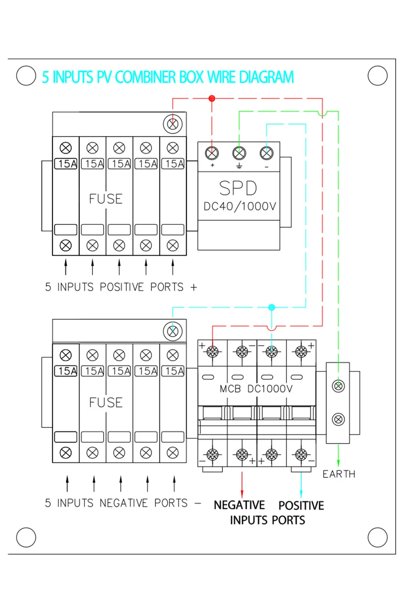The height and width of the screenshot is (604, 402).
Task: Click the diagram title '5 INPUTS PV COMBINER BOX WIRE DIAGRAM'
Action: click(168, 77)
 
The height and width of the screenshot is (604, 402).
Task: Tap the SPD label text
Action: click(238, 188)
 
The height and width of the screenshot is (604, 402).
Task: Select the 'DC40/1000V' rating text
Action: click(240, 207)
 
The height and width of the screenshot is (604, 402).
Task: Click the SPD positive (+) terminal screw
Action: click(212, 153)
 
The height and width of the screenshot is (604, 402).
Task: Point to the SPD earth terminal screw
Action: click(239, 153)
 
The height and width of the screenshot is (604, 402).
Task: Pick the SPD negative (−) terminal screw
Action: click(267, 153)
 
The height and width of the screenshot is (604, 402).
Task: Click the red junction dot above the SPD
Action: click(212, 98)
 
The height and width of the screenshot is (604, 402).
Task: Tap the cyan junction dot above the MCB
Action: click(272, 307)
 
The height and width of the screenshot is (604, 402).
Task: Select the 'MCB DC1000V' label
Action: click(256, 389)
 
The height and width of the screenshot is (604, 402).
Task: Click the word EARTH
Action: click(339, 474)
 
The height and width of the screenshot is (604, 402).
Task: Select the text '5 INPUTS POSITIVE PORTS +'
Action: click(121, 287)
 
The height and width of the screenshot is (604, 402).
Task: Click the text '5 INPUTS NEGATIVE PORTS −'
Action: click(123, 503)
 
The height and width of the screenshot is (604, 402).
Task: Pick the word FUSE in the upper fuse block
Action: click(106, 199)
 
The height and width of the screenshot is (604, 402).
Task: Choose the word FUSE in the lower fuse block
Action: click(106, 403)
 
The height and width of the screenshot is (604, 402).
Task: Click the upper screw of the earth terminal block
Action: click(338, 386)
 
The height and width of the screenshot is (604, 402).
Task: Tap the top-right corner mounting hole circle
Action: click(377, 76)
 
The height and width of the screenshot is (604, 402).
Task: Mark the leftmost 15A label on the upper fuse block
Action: click(66, 164)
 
